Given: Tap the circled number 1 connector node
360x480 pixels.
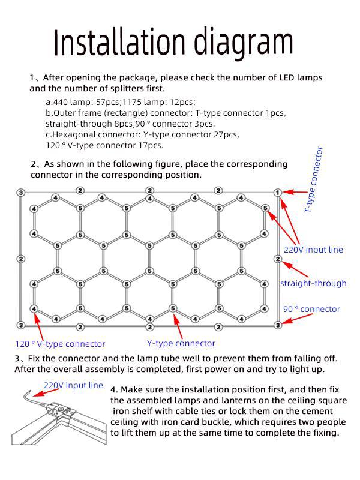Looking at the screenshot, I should click(277, 192).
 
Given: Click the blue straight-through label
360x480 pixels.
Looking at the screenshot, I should click(313, 283).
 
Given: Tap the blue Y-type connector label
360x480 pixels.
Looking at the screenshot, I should click(181, 343).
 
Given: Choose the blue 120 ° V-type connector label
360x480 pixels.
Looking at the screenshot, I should click(60, 344).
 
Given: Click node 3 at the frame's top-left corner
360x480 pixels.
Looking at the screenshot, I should click(21, 192).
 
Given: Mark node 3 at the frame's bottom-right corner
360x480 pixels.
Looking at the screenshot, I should click(277, 325).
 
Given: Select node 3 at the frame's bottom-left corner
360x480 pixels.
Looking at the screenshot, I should click(21, 325).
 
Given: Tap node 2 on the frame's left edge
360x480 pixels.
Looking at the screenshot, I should click(21, 259).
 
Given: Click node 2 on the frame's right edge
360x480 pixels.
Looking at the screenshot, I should click(277, 259).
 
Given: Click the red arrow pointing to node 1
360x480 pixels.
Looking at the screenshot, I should click(295, 193).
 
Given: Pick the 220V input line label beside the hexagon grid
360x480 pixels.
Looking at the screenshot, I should click(313, 250).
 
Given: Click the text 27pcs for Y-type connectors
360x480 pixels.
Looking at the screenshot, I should click(225, 134).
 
